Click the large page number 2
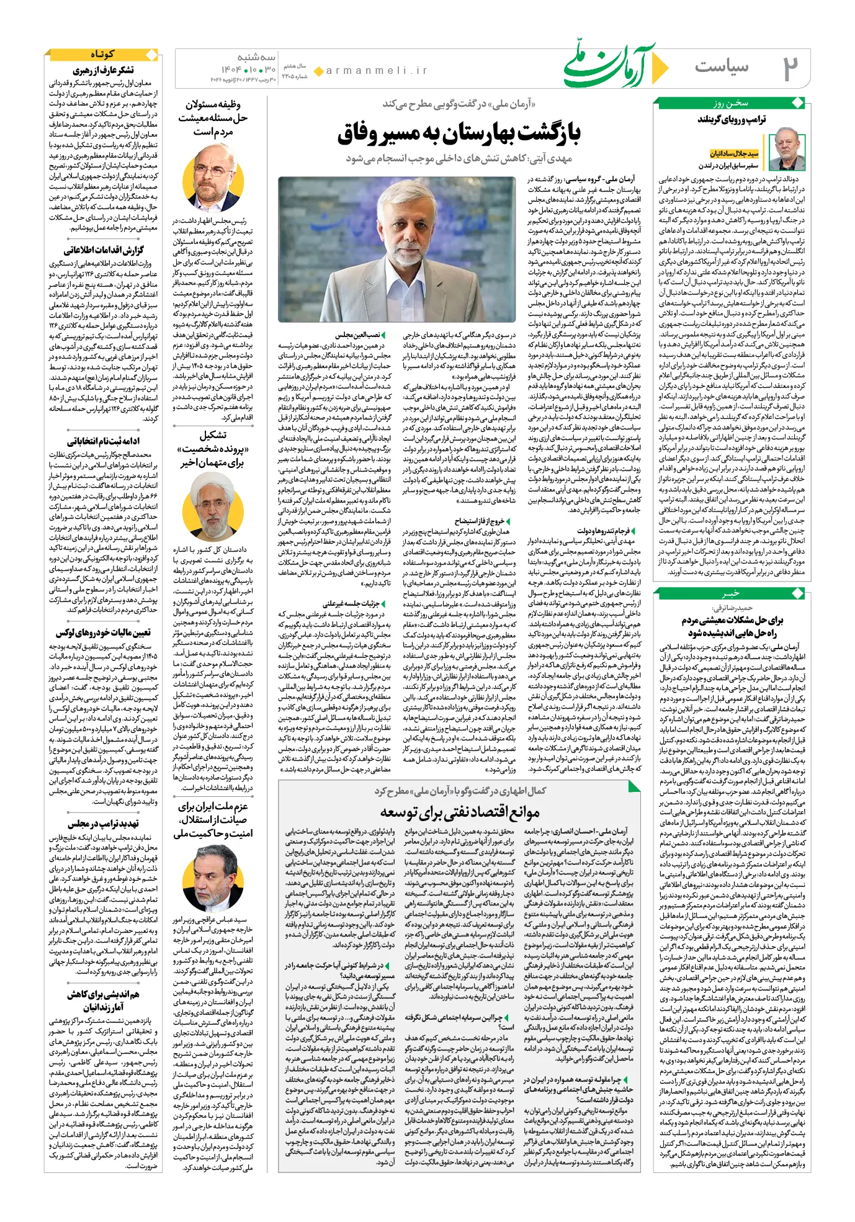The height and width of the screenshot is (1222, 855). click(x=789, y=68)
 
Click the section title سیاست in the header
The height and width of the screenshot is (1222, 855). click(x=721, y=66)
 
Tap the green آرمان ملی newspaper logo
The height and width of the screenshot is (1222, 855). click(x=607, y=64)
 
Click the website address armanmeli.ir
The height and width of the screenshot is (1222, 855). click(x=377, y=71)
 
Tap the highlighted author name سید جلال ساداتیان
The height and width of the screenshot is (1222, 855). click(x=734, y=153)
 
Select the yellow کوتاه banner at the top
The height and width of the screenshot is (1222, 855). click(x=102, y=55)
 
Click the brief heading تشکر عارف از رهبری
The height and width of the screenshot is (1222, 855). click(x=103, y=70)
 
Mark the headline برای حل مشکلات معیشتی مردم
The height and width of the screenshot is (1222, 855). click(x=732, y=620)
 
